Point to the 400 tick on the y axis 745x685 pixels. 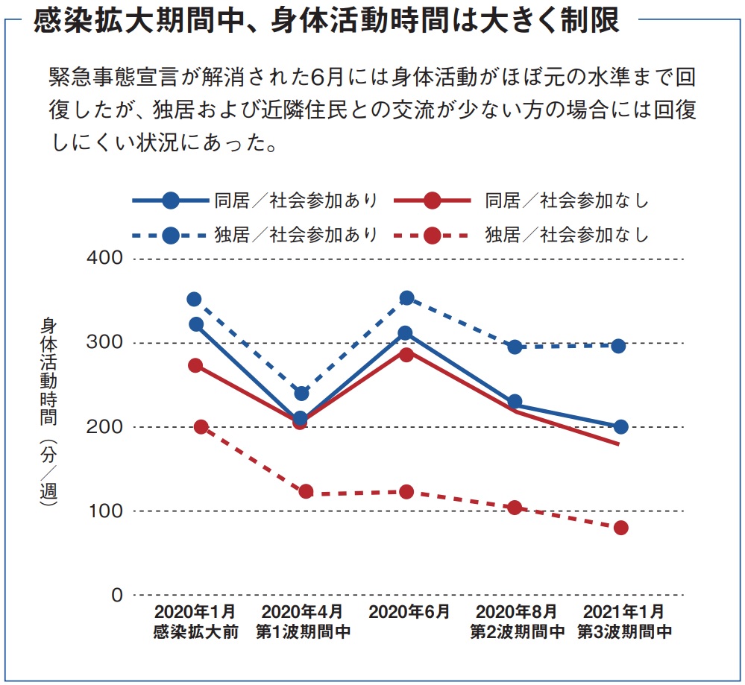[x=106, y=259]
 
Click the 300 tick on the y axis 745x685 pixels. [x=106, y=343]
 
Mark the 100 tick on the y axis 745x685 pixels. [x=106, y=511]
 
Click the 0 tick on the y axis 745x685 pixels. [x=116, y=595]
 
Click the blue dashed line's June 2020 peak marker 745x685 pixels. [x=406, y=298]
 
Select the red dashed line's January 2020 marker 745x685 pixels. [x=201, y=427]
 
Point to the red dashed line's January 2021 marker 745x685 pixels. [x=620, y=528]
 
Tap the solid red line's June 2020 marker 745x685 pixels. [x=406, y=354]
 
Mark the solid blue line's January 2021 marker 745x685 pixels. [x=620, y=427]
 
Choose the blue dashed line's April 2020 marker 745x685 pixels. [x=301, y=393]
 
